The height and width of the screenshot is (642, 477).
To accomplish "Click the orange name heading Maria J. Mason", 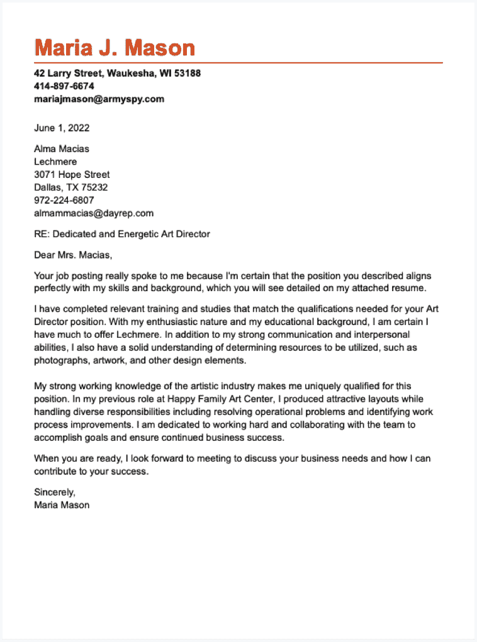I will [x=115, y=48].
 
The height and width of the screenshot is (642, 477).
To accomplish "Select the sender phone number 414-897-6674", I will [x=64, y=86].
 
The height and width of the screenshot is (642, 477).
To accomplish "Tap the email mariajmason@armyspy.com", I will [x=99, y=99].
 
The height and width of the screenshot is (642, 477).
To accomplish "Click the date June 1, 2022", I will [x=62, y=128].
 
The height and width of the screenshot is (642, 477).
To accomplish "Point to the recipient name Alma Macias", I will [x=62, y=149].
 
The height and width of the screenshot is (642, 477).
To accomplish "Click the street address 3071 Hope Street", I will [x=72, y=175].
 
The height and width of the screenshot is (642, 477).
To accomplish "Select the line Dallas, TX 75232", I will [x=70, y=187].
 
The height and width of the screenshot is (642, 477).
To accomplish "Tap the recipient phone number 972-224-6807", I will [x=64, y=200].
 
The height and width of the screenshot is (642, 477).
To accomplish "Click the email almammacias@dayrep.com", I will [x=94, y=213].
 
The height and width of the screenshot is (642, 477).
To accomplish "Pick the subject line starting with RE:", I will [x=121, y=234].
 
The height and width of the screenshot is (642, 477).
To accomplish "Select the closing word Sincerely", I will [x=55, y=492].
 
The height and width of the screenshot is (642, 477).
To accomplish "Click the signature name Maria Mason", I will [x=62, y=505].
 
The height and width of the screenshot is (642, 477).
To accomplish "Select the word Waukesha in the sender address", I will [x=129, y=74].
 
